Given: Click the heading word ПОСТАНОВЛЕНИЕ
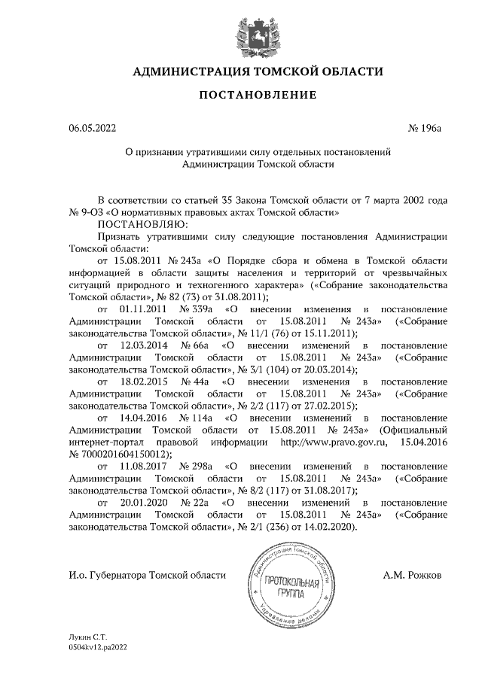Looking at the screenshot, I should click(x=242, y=96).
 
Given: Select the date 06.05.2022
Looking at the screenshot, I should click(x=92, y=129).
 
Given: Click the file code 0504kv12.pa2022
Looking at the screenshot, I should click(x=96, y=646).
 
